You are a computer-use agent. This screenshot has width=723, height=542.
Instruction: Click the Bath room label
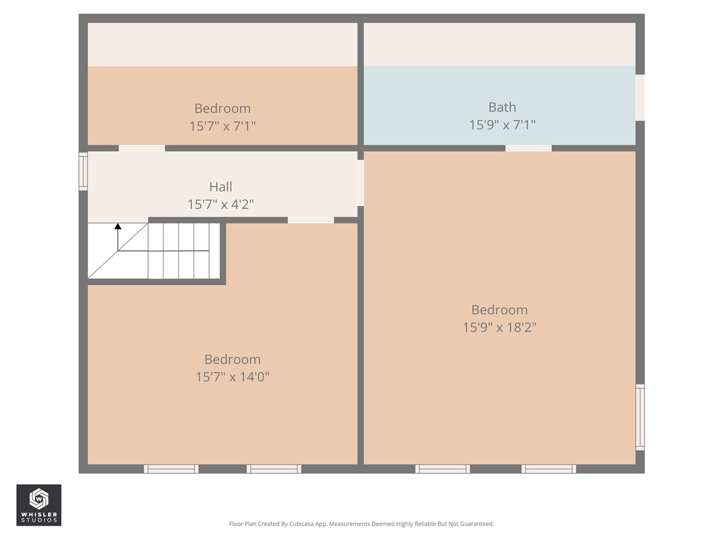502,107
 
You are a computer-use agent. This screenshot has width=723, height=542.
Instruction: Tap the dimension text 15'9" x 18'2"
499,327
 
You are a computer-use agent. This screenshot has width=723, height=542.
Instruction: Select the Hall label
220,187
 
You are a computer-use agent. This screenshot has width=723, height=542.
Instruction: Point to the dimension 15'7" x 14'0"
232,377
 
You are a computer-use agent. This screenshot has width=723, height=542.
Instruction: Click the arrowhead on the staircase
118,227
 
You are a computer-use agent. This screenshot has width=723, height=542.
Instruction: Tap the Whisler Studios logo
38,505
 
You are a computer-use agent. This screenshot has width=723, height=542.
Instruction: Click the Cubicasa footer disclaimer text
361,524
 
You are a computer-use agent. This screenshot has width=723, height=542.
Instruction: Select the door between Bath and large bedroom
528,148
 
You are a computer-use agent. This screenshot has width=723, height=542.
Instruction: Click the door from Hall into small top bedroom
142,148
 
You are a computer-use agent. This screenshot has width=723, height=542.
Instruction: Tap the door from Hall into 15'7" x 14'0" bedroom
311,220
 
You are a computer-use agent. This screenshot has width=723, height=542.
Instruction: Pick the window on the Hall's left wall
83,172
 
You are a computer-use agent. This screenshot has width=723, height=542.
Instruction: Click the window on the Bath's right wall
640,98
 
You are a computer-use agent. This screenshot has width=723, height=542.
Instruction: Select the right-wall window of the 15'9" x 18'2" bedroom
640,417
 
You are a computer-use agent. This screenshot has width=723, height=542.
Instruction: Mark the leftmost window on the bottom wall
171,469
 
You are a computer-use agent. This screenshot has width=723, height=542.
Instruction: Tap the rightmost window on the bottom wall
548,469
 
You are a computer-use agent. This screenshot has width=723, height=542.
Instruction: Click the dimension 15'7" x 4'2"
220,204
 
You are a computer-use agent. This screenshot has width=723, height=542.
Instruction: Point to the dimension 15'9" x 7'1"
502,125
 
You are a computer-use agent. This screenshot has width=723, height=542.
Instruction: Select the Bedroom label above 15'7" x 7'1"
223,108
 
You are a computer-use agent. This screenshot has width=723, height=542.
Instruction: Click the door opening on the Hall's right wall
360,183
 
